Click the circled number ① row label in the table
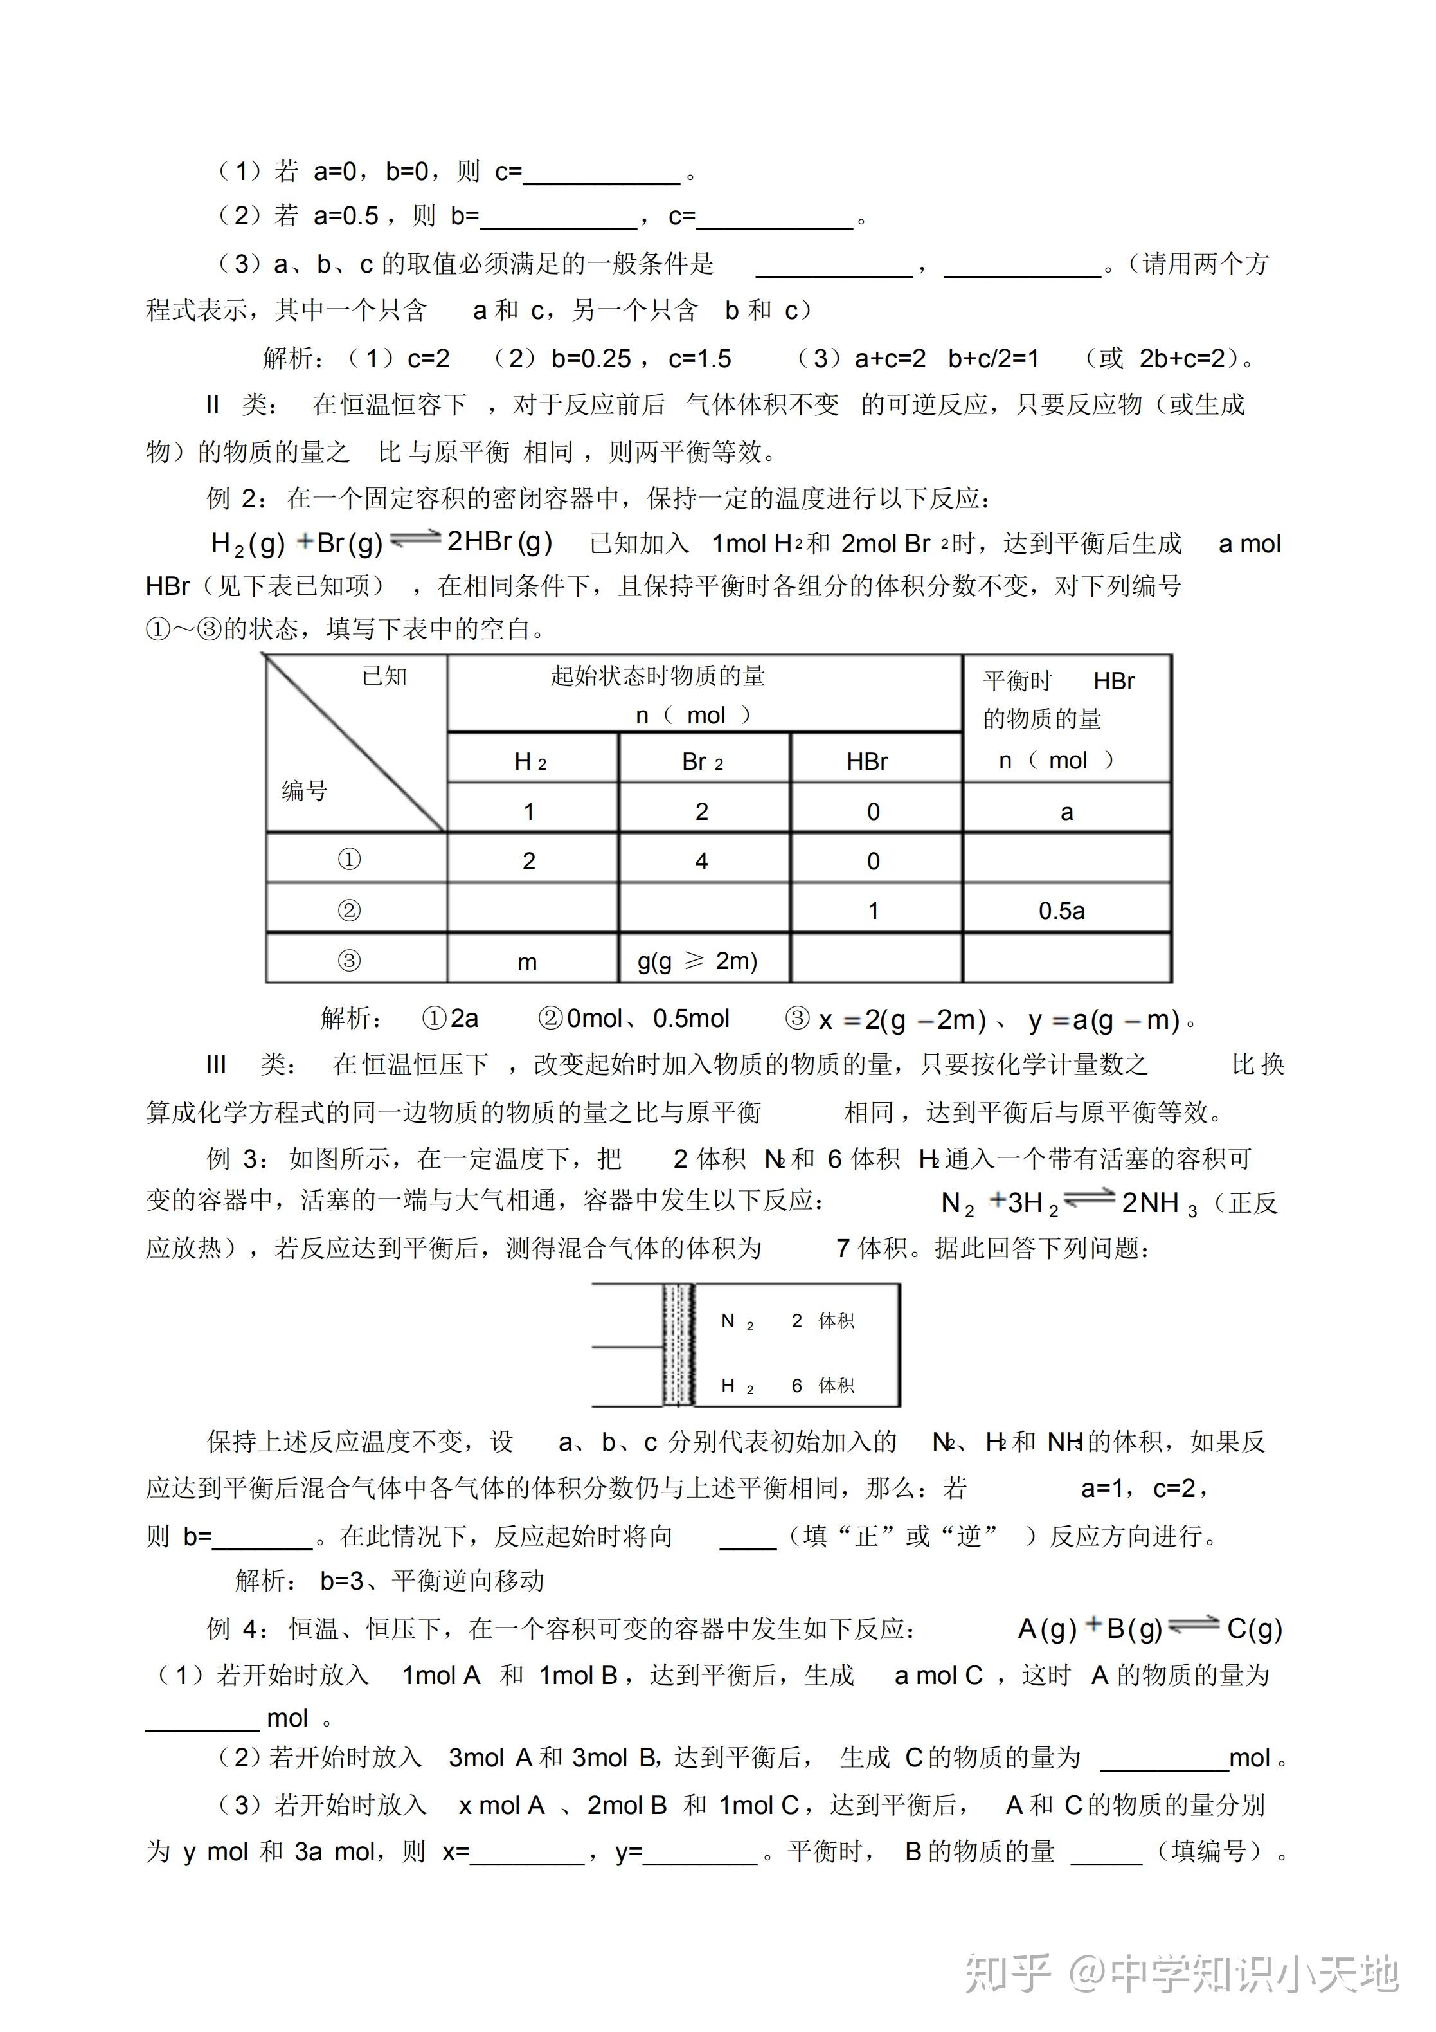(x=350, y=859)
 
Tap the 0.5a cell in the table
(x=1062, y=911)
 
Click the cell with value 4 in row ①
(x=702, y=861)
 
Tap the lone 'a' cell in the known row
(x=1067, y=812)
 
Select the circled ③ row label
(x=350, y=960)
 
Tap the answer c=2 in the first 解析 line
(x=428, y=358)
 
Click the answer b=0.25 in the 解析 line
(x=591, y=358)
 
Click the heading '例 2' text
(x=233, y=498)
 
